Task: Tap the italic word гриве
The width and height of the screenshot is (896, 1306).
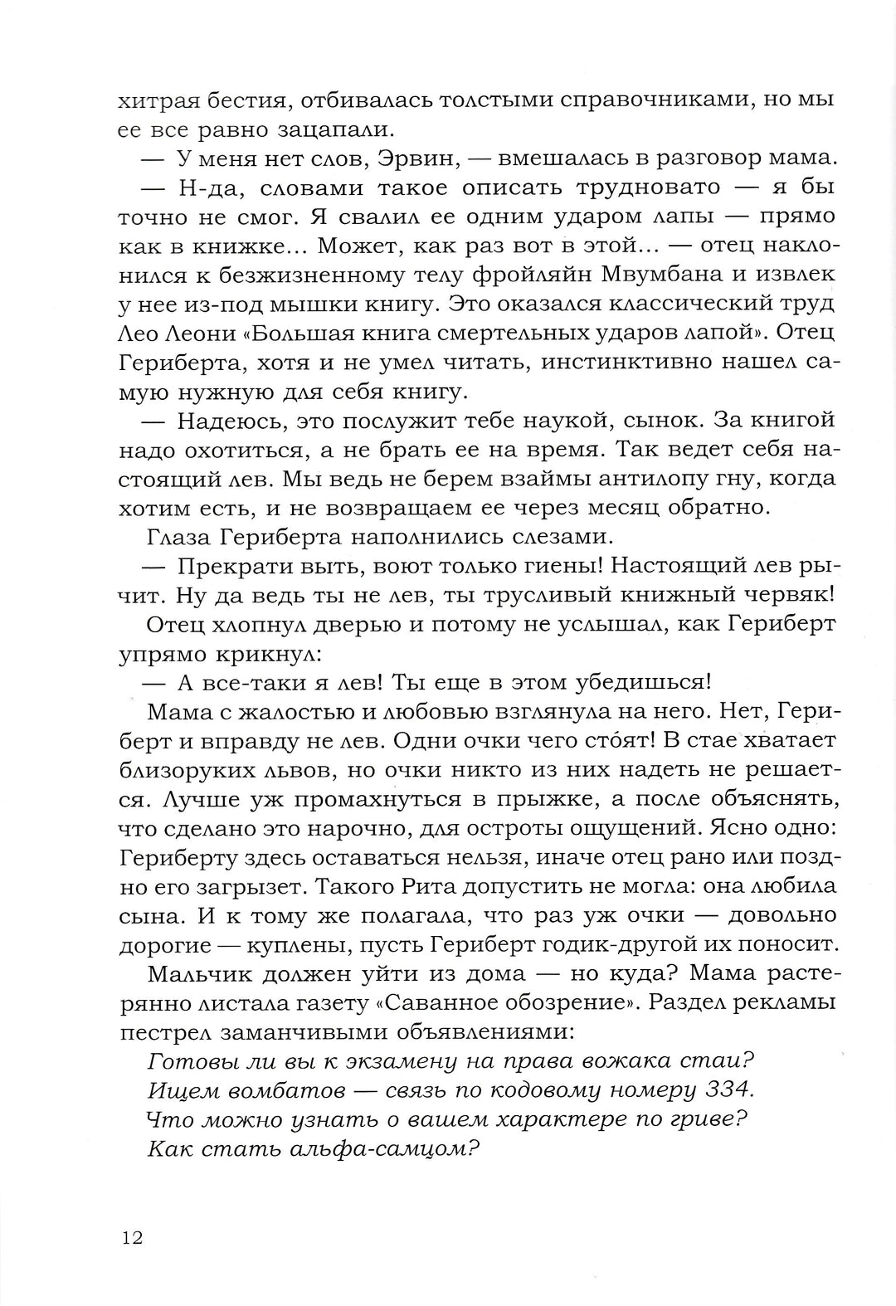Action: pyautogui.click(x=703, y=1118)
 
